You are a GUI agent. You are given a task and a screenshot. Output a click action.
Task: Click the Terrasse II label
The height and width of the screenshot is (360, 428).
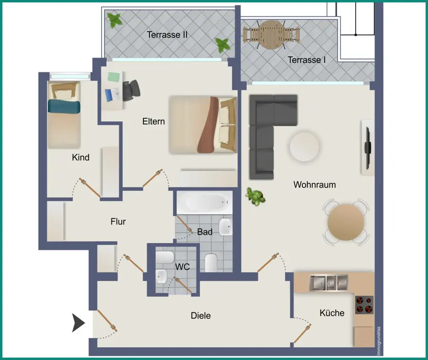(167, 35)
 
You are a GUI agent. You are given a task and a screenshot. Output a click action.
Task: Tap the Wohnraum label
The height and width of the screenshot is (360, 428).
(314, 185)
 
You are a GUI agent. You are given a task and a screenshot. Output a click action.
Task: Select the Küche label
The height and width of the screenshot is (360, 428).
(332, 313)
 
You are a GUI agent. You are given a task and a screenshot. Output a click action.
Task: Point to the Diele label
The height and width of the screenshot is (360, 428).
(200, 316)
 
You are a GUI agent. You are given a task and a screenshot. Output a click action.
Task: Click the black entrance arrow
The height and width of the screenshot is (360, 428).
(78, 323)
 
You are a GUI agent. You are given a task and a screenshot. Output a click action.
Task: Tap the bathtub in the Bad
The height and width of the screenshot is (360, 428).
(204, 202)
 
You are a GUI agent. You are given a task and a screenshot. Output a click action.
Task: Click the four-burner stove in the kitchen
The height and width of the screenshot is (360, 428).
(364, 305)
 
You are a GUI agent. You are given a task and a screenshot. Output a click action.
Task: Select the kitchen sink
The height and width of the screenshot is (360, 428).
(328, 282)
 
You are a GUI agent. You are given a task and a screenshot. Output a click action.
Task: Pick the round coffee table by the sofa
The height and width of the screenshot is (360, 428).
(304, 146)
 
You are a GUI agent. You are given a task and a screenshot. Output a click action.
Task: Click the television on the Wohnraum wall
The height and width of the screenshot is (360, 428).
(368, 148)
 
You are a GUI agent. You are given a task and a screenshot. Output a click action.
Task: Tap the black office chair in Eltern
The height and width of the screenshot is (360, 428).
(131, 90)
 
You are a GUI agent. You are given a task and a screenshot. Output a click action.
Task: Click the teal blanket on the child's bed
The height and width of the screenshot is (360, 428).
(64, 106)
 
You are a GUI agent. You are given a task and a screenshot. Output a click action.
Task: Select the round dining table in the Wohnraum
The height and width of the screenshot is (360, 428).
(346, 222)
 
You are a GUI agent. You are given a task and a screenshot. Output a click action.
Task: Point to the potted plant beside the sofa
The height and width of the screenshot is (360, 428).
(255, 196)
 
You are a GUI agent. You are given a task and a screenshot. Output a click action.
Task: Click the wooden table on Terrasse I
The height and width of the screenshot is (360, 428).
(271, 35)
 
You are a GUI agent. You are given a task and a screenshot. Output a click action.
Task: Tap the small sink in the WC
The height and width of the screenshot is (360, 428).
(161, 276)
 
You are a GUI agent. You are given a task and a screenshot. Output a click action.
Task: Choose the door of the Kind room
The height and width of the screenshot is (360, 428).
(90, 188)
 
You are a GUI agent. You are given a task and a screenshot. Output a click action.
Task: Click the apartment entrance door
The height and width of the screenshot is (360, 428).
(107, 320)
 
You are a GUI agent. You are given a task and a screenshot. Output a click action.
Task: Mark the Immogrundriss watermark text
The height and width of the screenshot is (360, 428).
(378, 341)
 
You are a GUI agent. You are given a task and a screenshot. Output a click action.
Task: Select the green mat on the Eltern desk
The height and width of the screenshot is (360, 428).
(114, 77)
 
